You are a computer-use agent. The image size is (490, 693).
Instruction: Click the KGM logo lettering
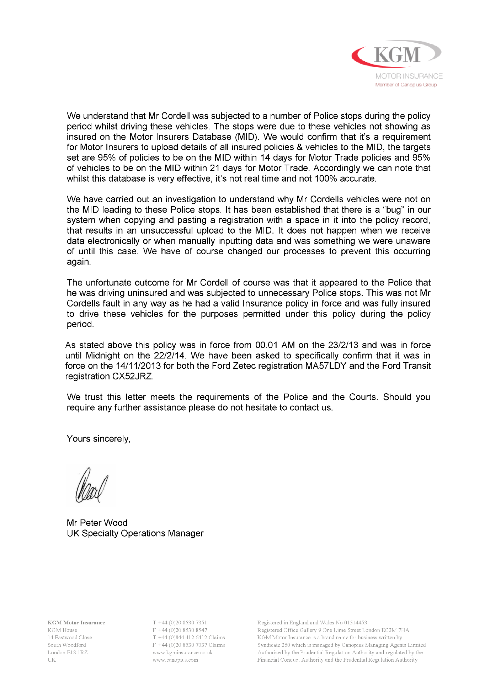click(397, 55)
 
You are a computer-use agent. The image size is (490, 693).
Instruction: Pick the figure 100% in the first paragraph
click(326, 178)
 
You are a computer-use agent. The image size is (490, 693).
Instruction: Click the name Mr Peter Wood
click(97, 523)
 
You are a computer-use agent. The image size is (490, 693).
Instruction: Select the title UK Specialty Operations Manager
click(135, 533)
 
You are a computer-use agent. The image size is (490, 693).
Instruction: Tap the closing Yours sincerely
click(98, 439)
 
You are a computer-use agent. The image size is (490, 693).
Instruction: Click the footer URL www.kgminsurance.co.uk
click(182, 652)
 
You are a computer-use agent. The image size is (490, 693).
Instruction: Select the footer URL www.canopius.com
click(175, 660)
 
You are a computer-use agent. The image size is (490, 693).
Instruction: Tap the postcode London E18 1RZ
click(68, 652)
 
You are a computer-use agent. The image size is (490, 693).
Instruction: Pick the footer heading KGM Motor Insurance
click(76, 623)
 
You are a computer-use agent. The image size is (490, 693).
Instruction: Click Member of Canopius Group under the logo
click(406, 85)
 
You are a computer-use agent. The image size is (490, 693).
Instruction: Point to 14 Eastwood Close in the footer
click(70, 638)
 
